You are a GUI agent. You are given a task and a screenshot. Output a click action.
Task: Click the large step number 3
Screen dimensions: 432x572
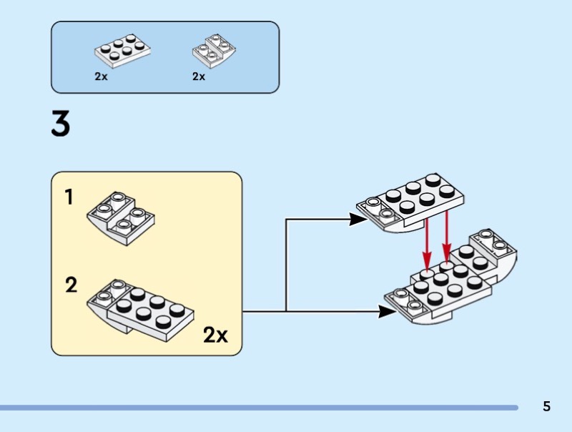coord(61,125)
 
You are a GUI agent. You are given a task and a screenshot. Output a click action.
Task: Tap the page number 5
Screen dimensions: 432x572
coord(547,406)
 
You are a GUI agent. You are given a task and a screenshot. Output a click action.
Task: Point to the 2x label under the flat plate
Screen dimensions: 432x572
coord(101,77)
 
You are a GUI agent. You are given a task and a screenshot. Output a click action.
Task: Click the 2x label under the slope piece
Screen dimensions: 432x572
coord(199,77)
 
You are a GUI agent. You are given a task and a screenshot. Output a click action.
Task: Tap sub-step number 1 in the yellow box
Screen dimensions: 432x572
coord(69,197)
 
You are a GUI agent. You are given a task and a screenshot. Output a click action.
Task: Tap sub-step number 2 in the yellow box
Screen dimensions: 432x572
coord(71,285)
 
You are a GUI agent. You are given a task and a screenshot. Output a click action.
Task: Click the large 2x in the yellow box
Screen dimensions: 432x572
coord(215,334)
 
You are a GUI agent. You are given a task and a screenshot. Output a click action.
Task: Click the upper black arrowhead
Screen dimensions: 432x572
coord(359,220)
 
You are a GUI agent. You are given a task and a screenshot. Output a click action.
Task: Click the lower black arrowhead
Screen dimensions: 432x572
coord(387,311)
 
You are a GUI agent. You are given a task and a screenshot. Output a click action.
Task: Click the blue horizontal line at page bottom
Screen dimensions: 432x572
coord(257,408)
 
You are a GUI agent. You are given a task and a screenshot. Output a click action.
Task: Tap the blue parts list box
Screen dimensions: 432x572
coord(165,57)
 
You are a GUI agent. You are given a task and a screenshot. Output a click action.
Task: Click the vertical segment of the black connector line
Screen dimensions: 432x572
coord(286,265)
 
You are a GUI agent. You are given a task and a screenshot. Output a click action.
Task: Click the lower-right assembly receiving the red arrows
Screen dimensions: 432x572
coord(450,283)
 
